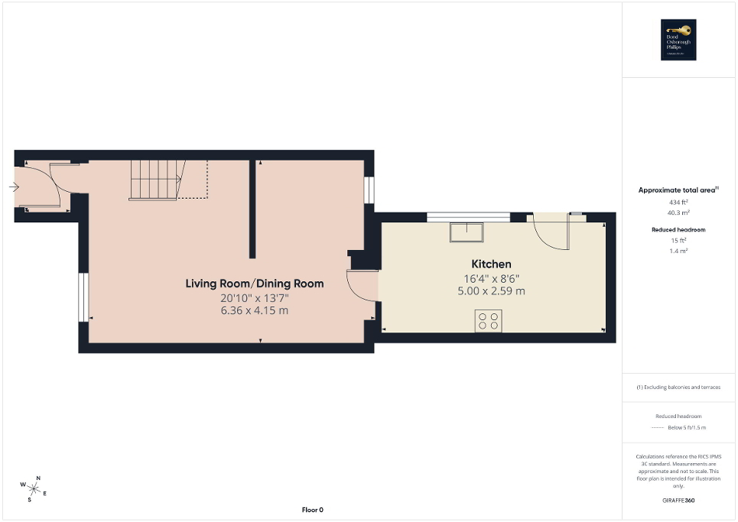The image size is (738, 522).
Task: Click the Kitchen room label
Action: (x=491, y=264)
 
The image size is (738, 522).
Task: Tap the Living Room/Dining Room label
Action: (x=254, y=284)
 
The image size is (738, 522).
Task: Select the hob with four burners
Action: (x=489, y=320)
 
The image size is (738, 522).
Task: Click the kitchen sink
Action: (x=465, y=230)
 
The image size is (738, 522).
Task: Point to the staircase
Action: (x=155, y=180)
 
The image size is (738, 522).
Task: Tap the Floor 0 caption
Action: (x=313, y=510)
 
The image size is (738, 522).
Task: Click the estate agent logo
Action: (x=676, y=40)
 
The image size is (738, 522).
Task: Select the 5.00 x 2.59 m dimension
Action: (x=491, y=291)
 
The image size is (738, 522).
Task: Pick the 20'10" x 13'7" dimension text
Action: (x=254, y=297)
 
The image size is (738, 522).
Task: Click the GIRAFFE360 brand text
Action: (x=678, y=501)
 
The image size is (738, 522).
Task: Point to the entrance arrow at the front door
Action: (x=15, y=186)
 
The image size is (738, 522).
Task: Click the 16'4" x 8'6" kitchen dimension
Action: (x=491, y=278)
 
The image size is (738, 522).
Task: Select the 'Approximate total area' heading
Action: (x=677, y=190)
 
